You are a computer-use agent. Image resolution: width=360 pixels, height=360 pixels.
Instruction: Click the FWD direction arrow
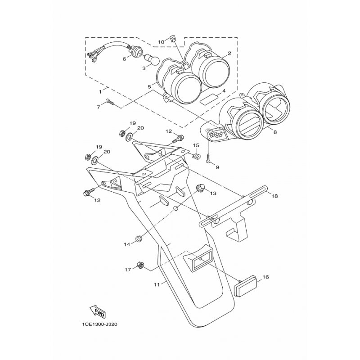(x=97, y=311)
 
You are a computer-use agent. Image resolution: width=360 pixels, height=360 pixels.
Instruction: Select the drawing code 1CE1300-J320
(x=99, y=324)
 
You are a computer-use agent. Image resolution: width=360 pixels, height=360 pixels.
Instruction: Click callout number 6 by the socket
(x=124, y=59)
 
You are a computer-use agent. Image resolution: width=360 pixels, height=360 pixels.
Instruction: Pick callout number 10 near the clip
(x=161, y=42)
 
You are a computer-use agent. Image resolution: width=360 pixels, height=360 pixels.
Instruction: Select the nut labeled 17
(x=140, y=265)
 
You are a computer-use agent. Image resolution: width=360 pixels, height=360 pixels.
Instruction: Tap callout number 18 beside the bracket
(x=274, y=196)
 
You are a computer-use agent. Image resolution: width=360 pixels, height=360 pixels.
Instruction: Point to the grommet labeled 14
(x=139, y=238)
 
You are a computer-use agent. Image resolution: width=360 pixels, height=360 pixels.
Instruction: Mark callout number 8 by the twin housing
(x=275, y=132)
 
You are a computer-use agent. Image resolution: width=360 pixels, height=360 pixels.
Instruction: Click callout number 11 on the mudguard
(x=157, y=285)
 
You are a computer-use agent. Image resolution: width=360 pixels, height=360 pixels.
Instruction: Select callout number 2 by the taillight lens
(x=229, y=53)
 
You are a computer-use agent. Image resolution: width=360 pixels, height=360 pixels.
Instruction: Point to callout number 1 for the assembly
(x=100, y=92)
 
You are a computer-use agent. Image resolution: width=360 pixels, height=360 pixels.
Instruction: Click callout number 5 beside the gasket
(x=149, y=87)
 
